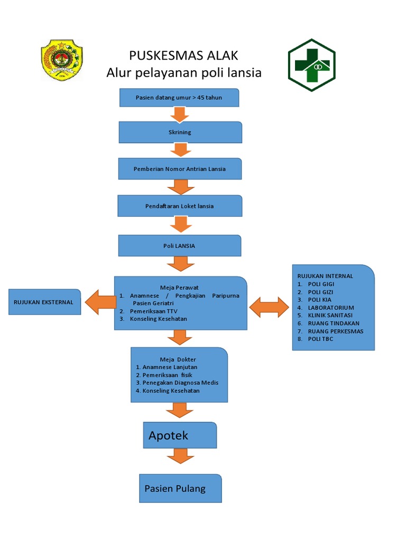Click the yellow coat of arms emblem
click(x=62, y=61)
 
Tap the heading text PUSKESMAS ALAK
click(x=184, y=55)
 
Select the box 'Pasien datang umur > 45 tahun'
click(x=179, y=98)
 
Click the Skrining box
click(x=180, y=132)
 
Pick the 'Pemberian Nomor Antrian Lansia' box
click(x=180, y=169)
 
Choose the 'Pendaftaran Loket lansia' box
click(x=180, y=206)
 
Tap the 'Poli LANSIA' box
click(x=180, y=246)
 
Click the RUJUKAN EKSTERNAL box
click(x=44, y=302)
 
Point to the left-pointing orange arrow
click(x=101, y=302)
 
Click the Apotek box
click(x=180, y=435)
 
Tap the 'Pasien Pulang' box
click(x=180, y=488)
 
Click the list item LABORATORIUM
click(x=331, y=307)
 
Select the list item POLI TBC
click(x=321, y=339)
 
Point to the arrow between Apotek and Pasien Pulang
click(x=180, y=455)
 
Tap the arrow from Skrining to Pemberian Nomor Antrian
click(x=180, y=150)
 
